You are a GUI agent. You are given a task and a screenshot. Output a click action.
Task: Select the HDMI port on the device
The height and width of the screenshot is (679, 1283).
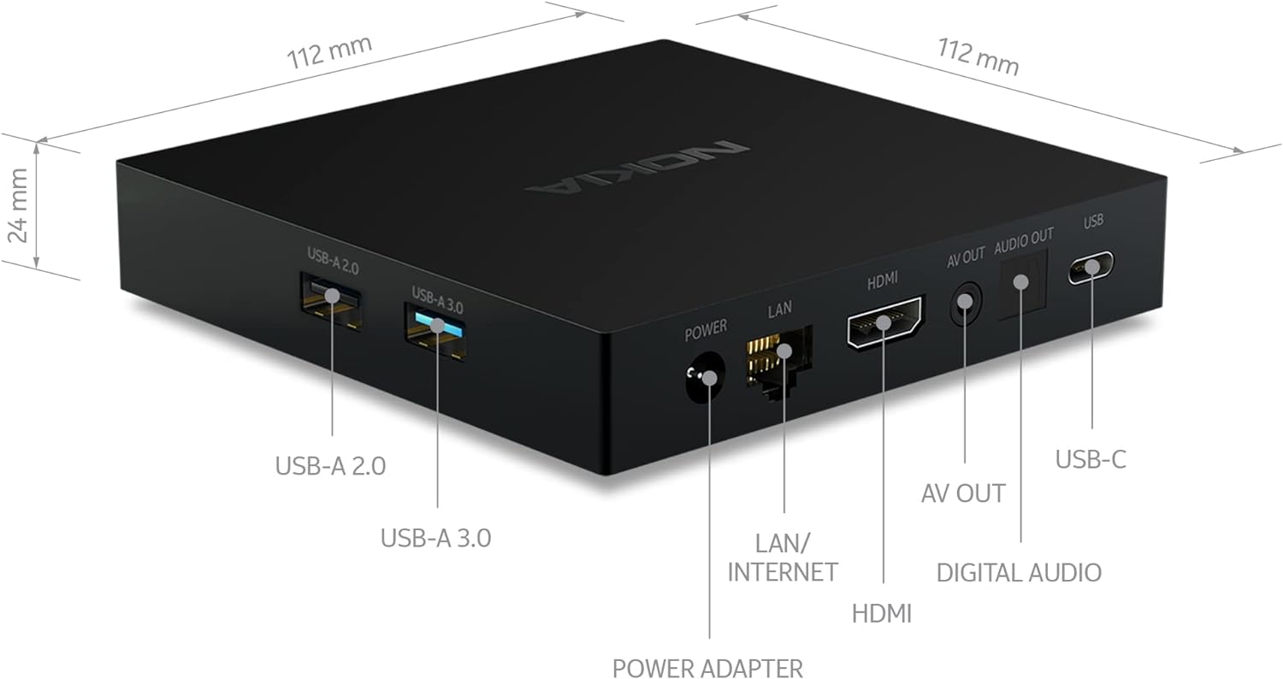(x=885, y=322)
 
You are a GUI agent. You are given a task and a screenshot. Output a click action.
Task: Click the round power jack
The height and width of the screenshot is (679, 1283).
(x=706, y=379)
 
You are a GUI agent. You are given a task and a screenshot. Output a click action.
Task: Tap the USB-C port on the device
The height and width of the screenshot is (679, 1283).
(x=1091, y=268)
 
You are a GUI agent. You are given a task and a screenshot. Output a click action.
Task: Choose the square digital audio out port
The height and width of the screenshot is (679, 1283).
(x=1021, y=283)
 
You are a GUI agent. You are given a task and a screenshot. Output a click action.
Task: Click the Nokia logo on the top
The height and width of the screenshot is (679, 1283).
(x=637, y=166)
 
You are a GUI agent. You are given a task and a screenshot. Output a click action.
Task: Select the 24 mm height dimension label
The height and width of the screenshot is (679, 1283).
(x=19, y=205)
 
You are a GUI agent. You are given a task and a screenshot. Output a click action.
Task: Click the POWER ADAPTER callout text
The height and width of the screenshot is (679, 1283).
(x=707, y=668)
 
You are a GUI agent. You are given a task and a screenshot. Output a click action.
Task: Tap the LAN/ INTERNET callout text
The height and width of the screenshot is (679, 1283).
(x=782, y=557)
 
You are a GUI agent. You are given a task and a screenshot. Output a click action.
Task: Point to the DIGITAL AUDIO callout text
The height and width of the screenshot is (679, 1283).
(x=1019, y=572)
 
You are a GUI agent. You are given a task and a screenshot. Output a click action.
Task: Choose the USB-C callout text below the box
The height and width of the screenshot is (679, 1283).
(x=1091, y=459)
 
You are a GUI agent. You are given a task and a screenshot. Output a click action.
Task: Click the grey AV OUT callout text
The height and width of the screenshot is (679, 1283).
(x=963, y=493)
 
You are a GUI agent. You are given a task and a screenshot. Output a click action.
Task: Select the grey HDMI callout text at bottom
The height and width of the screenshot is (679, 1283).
(x=882, y=612)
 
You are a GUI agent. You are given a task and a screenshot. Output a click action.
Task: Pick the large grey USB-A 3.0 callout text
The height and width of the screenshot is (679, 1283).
(x=435, y=538)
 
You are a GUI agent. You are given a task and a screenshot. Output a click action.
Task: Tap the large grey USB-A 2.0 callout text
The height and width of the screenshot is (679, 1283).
(x=330, y=466)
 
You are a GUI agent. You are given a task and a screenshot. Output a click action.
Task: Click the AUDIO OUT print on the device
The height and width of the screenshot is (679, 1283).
(x=1024, y=235)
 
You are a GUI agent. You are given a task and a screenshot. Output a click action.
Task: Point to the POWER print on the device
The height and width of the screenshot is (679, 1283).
(x=706, y=328)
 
